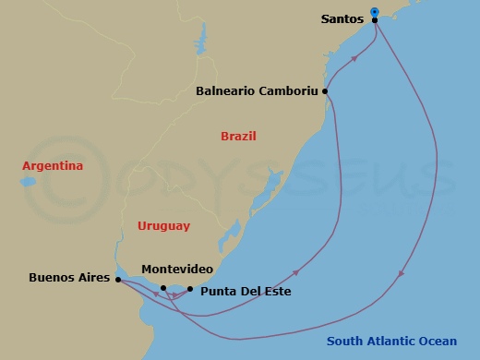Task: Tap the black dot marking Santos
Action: (x=375, y=19)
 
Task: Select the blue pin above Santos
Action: (x=375, y=12)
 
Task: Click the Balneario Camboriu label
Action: (x=257, y=91)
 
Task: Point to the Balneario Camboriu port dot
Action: (x=325, y=91)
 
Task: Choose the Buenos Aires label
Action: (x=69, y=278)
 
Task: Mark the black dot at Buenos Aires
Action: (x=118, y=278)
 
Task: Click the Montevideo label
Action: (x=177, y=270)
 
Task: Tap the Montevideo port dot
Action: (x=163, y=288)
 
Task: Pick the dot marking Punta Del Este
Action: (x=189, y=289)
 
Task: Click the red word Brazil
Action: (x=238, y=137)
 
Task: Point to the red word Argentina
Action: (x=54, y=165)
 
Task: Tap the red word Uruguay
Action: (x=163, y=225)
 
